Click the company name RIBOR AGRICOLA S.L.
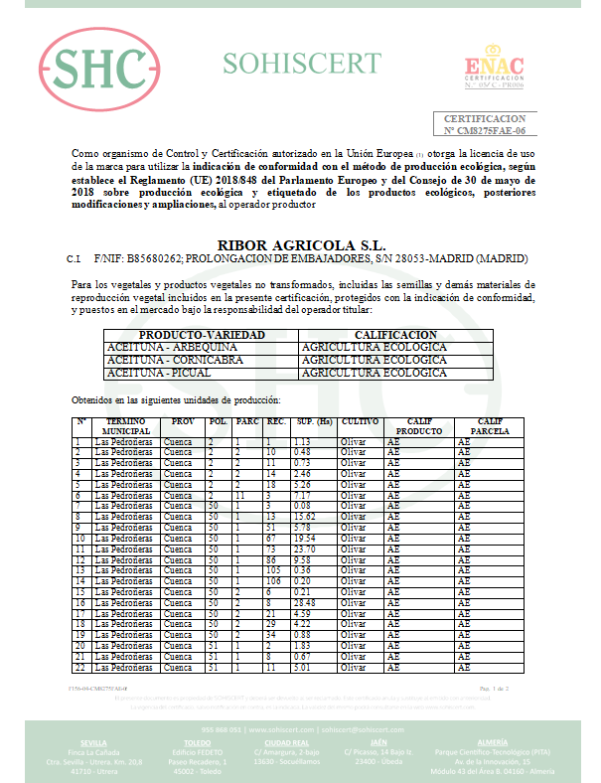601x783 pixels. coord(300,244)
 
